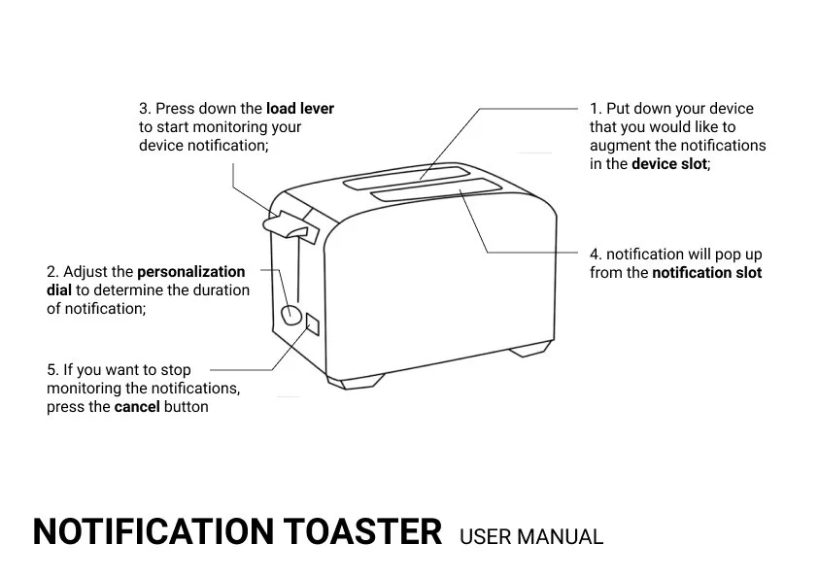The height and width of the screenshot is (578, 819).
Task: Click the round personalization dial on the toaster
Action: pos(290,314)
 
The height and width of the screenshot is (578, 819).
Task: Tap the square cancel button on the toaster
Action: pos(313,323)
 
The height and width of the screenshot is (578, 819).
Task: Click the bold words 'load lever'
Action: pos(300,109)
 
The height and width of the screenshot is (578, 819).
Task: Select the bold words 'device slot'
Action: pos(669,164)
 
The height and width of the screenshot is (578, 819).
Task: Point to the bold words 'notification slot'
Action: pos(706,273)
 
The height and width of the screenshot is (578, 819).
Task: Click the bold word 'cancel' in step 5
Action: pos(136,407)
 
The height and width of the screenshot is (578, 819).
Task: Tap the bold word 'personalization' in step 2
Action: pos(191,272)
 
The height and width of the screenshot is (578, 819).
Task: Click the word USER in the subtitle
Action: pos(485,536)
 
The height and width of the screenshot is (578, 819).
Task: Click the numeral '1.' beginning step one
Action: pos(596,109)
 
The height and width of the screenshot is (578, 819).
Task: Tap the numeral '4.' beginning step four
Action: pos(596,255)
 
